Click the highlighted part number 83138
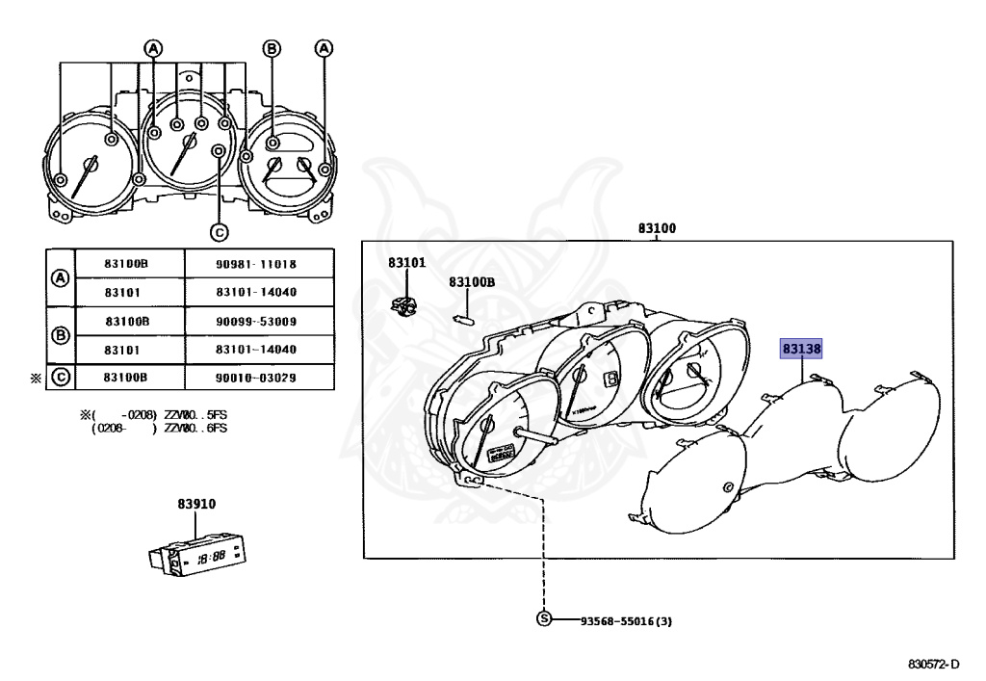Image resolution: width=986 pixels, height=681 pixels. pyautogui.click(x=801, y=348)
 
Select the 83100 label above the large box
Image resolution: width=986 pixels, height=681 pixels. pyautogui.click(x=657, y=229)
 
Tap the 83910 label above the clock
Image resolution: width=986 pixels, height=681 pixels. pyautogui.click(x=195, y=504)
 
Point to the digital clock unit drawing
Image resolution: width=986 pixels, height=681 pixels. pyautogui.click(x=198, y=555)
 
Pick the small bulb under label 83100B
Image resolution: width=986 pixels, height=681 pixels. pyautogui.click(x=464, y=313)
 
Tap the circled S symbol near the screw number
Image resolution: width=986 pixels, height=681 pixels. pyautogui.click(x=544, y=619)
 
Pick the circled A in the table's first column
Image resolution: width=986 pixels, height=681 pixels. pyautogui.click(x=60, y=277)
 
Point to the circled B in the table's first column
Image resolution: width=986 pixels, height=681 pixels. pyautogui.click(x=60, y=334)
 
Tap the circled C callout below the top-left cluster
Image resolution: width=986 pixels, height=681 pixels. pyautogui.click(x=219, y=231)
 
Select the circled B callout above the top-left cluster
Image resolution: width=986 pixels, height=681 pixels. pyautogui.click(x=272, y=47)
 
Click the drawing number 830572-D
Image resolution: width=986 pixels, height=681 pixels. pyautogui.click(x=934, y=665)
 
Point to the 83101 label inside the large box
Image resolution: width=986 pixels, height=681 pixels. pyautogui.click(x=406, y=262)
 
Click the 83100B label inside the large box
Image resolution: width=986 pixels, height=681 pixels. pyautogui.click(x=471, y=282)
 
